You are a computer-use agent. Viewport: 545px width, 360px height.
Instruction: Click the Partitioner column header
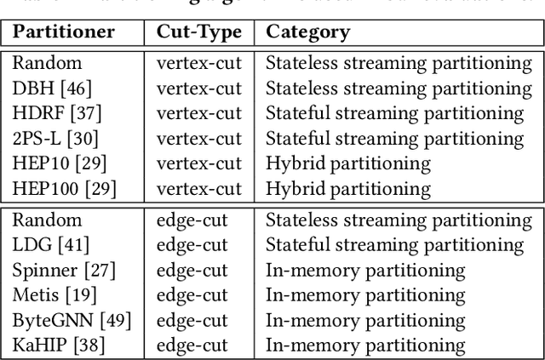(x=63, y=32)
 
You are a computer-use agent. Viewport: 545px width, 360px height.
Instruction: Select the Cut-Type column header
(x=198, y=32)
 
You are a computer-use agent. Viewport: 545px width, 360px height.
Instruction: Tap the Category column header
(x=307, y=32)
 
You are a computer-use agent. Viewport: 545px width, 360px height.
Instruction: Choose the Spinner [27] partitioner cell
(x=65, y=271)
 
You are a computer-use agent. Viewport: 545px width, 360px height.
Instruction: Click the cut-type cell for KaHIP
(x=194, y=346)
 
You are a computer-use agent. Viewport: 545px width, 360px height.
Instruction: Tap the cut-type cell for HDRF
(x=198, y=113)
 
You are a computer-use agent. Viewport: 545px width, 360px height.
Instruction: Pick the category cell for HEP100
(x=347, y=188)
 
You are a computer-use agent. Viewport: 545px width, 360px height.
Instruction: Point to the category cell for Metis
(x=366, y=295)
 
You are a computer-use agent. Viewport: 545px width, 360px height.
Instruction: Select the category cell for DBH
(x=399, y=89)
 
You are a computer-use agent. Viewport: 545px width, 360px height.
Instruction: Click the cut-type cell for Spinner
(x=194, y=271)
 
